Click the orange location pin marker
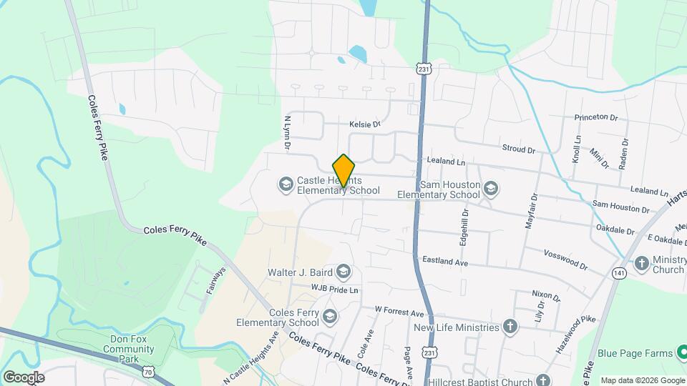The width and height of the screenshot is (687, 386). [343, 171]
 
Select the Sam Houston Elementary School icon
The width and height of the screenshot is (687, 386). [490, 189]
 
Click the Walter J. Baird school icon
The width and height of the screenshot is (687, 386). [344, 272]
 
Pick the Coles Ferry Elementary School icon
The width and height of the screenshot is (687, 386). [329, 316]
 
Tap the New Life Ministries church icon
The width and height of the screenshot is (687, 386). [510, 327]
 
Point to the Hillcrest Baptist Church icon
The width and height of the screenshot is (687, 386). [543, 380]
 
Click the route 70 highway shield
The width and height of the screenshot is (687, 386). [148, 372]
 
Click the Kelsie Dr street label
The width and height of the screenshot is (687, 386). [364, 124]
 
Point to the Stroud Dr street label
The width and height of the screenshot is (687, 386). [519, 150]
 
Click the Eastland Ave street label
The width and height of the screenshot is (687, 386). [444, 262]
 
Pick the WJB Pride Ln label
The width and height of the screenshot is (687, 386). [334, 289]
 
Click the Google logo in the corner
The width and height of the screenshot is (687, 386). [24, 377]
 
